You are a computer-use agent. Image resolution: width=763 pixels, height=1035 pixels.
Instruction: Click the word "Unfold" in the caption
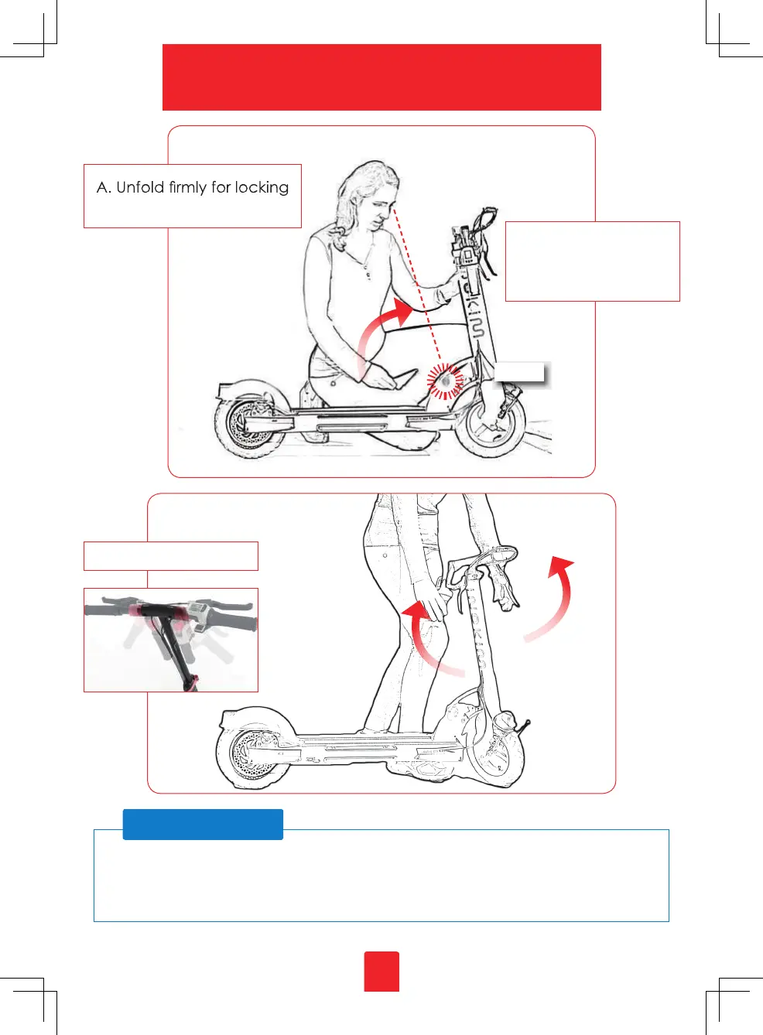pos(140,187)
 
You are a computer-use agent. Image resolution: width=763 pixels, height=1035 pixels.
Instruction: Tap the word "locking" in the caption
pos(262,188)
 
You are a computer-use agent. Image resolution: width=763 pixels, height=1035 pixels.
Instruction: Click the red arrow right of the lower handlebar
pos(554,600)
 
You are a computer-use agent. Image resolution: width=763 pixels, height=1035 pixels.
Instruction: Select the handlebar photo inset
pos(170,640)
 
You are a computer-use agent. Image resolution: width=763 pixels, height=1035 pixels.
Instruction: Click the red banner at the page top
pos(381,77)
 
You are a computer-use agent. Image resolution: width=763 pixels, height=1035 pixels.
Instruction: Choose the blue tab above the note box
pos(203,825)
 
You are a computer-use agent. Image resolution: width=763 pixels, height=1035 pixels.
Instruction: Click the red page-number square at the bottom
pos(381,972)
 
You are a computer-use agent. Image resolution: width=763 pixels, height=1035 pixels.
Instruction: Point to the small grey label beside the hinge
pos(520,372)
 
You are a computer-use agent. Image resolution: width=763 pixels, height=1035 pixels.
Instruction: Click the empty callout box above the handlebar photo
pos(170,556)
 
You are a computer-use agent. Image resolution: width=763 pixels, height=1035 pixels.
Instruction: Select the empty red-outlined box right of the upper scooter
pos(592,261)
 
